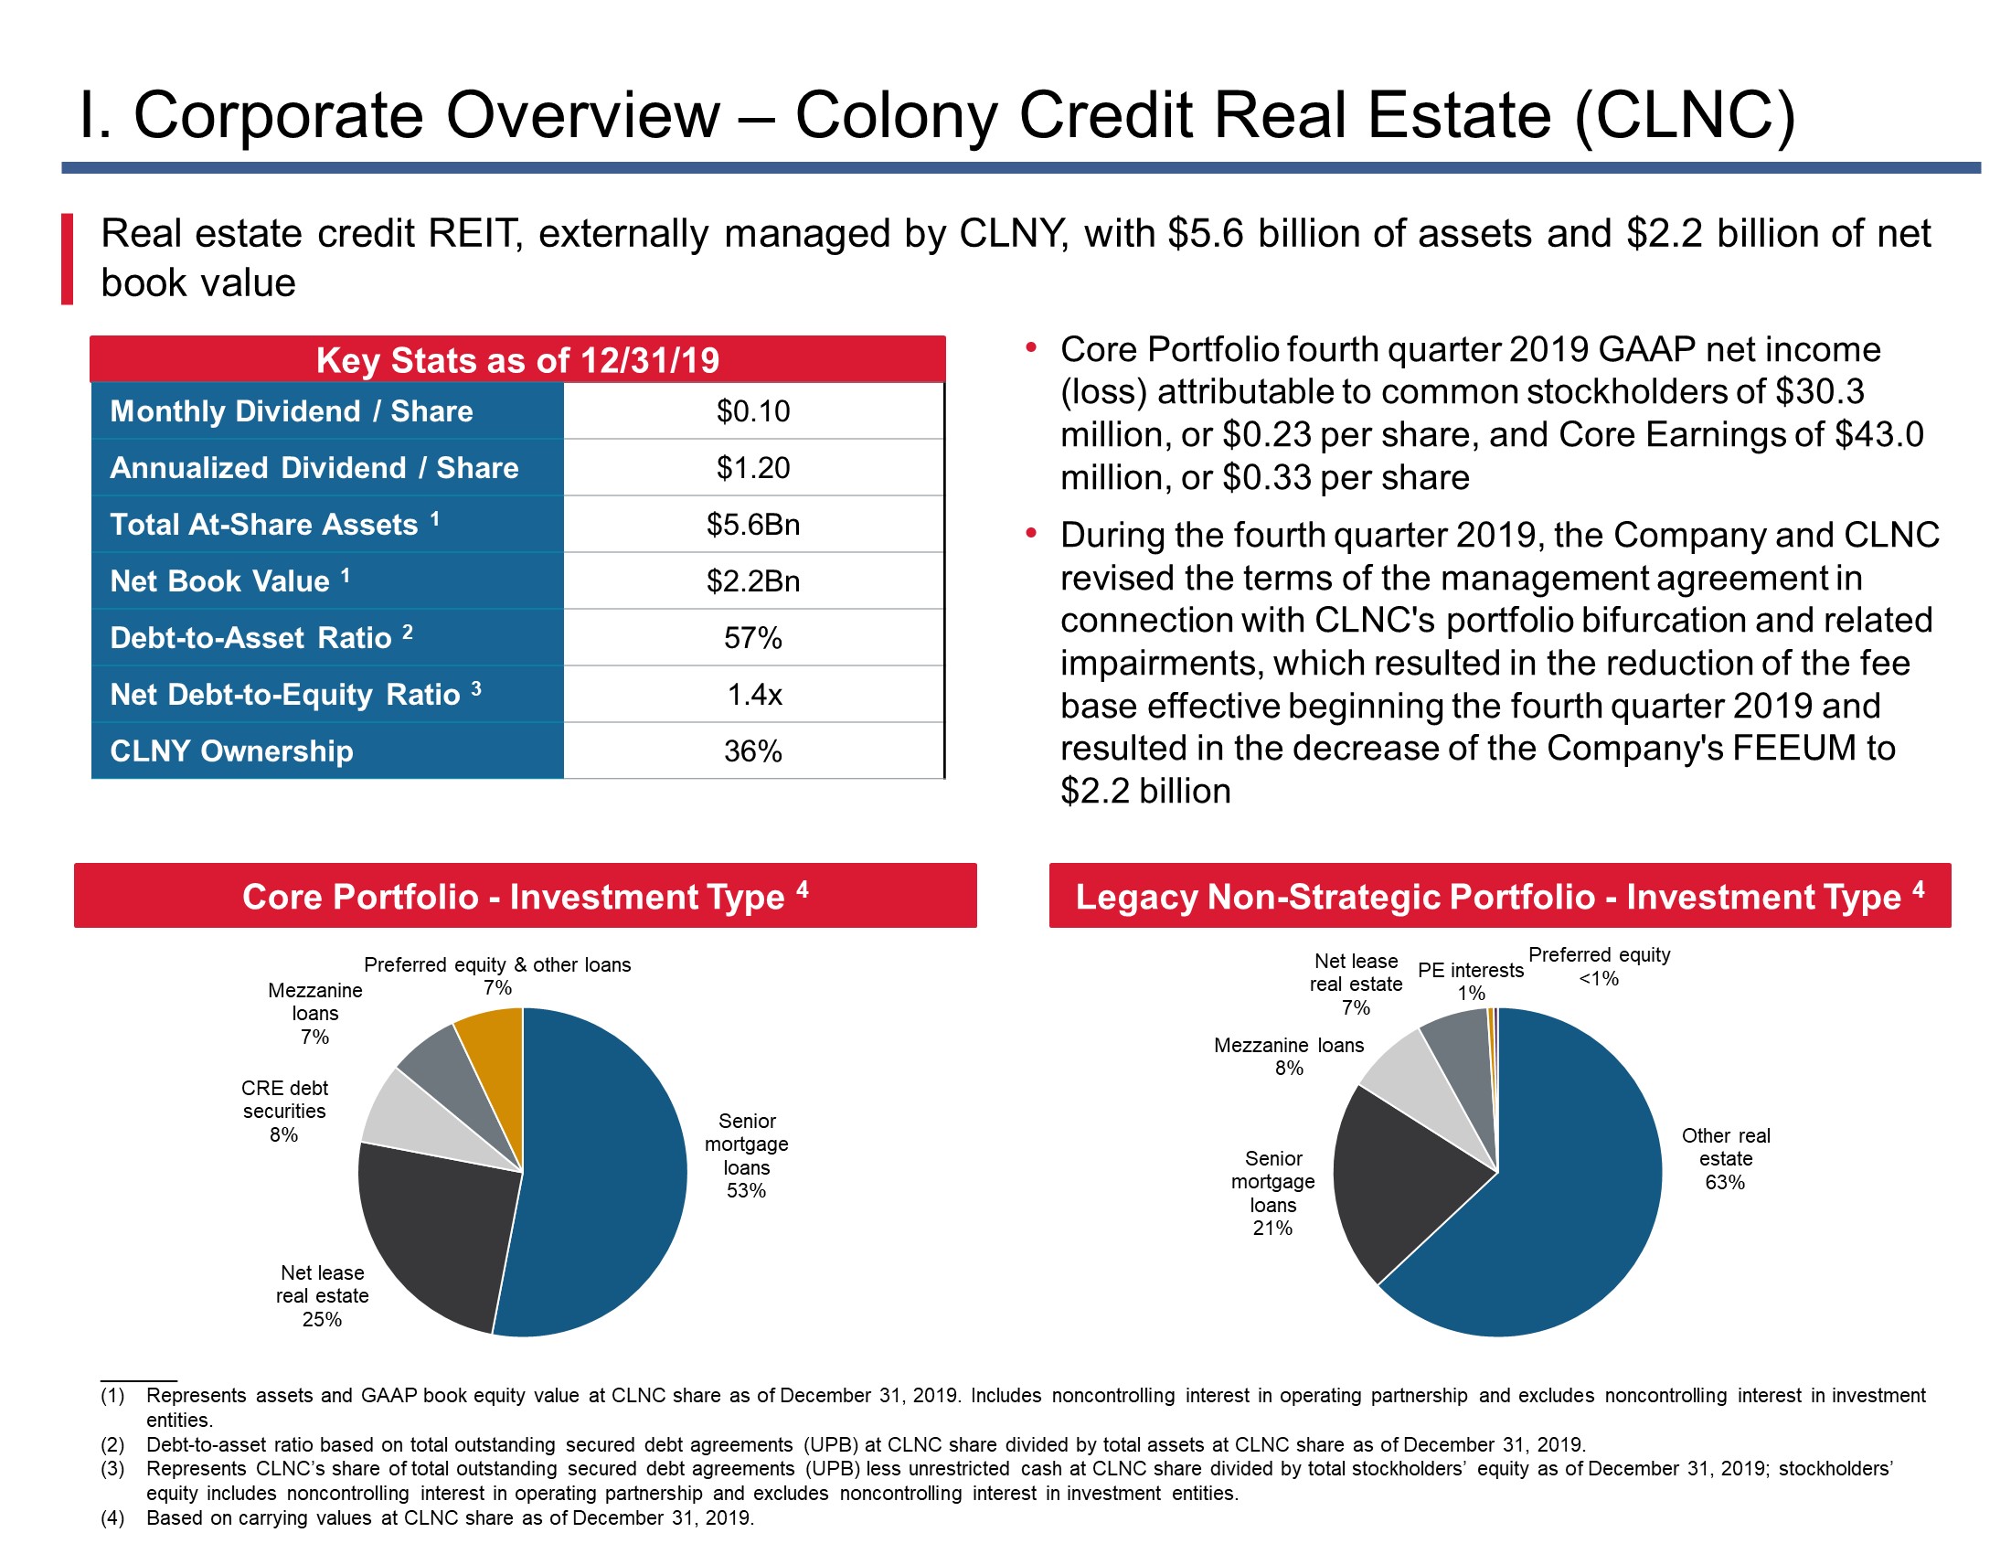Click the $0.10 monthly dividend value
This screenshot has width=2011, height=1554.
[753, 410]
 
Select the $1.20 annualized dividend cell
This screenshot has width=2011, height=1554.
[753, 468]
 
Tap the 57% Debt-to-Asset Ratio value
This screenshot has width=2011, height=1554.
[753, 637]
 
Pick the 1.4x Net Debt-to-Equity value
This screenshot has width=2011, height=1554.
[754, 694]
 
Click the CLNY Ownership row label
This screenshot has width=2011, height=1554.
[231, 751]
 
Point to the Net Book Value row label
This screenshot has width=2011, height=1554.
[229, 580]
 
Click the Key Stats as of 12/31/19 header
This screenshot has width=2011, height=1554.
[517, 359]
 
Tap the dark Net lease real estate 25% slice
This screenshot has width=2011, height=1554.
[432, 1224]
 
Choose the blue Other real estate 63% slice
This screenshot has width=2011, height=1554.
[1556, 1197]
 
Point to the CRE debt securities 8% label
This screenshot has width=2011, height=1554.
[284, 1112]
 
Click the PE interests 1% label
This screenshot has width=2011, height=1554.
[1471, 982]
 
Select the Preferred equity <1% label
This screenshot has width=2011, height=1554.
[1600, 966]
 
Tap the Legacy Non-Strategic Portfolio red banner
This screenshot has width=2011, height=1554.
[1500, 895]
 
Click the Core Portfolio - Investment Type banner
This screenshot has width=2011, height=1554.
[525, 895]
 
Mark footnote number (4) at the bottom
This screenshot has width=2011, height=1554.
[112, 1518]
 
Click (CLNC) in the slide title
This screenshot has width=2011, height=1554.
[1685, 116]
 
